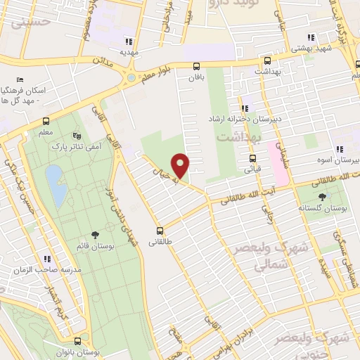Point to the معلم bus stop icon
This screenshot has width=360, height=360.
point(46,120)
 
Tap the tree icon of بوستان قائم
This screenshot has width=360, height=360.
point(95,235)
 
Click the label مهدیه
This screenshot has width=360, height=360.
point(128,52)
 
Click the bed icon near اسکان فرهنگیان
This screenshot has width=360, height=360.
point(20,81)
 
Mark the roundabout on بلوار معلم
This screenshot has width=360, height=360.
point(131,77)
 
